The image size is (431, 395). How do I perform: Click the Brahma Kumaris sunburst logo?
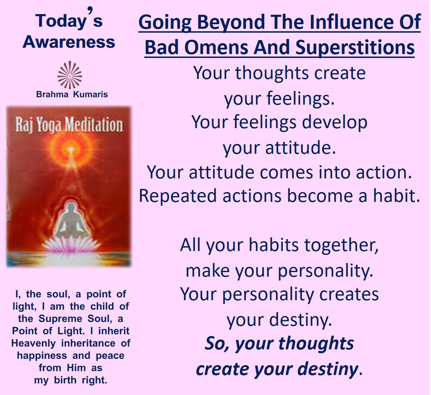[x=70, y=75]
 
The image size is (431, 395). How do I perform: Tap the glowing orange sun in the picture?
[x=70, y=149]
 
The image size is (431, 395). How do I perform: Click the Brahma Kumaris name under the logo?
[x=72, y=94]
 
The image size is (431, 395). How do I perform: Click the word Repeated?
[x=178, y=196]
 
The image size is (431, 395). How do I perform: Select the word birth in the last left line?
[x=65, y=380]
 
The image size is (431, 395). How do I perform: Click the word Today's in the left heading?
[x=69, y=20]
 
